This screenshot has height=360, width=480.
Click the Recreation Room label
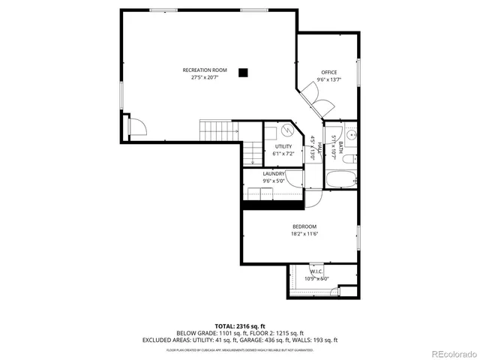(x=204, y=70)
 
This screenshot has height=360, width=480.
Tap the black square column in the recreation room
(x=243, y=72)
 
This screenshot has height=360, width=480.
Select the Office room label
(x=329, y=72)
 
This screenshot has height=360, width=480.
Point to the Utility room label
(x=283, y=146)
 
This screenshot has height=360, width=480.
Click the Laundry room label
(x=273, y=174)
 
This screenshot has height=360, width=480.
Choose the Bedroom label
(x=304, y=226)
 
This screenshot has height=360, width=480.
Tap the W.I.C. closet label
(x=316, y=271)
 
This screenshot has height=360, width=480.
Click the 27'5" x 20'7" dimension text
(x=204, y=77)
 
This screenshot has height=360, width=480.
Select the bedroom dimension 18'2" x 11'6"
(x=304, y=234)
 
